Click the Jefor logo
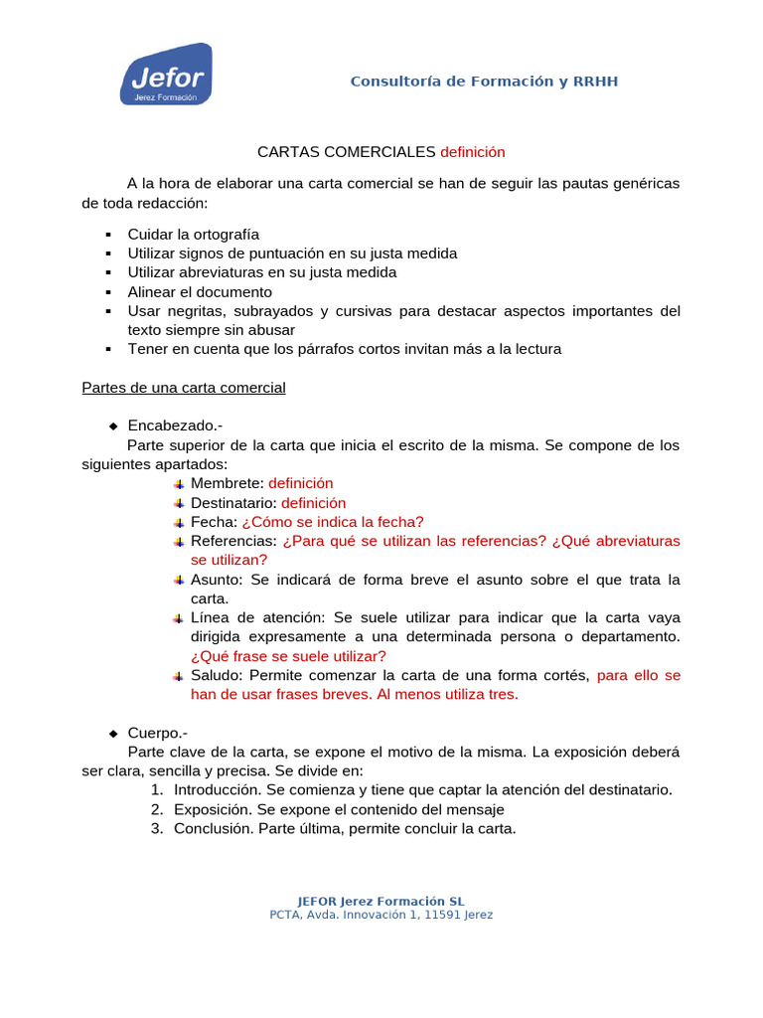click(x=165, y=75)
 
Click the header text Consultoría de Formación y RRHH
click(x=484, y=81)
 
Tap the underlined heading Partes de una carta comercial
click(x=183, y=388)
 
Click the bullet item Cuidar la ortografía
click(x=193, y=235)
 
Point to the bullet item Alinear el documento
click(x=199, y=292)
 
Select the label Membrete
click(x=226, y=483)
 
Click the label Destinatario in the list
click(x=232, y=503)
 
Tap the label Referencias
click(x=232, y=541)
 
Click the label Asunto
click(x=218, y=580)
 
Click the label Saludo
click(x=216, y=675)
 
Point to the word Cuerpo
click(x=157, y=733)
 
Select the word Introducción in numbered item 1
click(x=217, y=790)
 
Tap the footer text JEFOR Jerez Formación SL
click(x=381, y=902)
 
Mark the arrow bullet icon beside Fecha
click(x=178, y=522)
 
